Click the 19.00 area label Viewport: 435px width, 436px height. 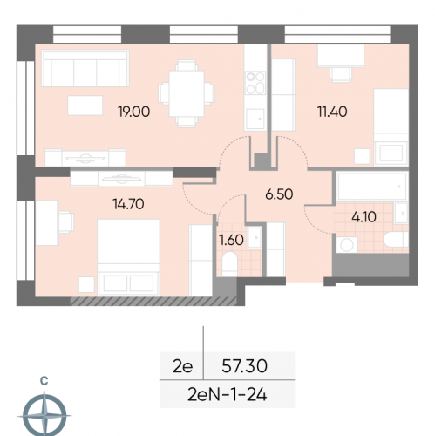[134, 112]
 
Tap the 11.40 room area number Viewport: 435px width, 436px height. [332, 112]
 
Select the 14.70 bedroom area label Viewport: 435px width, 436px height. [128, 204]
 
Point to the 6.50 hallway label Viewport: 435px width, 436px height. [279, 194]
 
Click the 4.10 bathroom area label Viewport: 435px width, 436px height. [364, 217]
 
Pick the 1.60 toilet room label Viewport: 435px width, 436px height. [231, 240]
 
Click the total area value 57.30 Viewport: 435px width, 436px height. [244, 366]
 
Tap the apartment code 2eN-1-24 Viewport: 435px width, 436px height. [228, 395]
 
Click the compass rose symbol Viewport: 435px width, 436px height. [44, 415]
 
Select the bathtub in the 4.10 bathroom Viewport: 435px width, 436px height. [372, 187]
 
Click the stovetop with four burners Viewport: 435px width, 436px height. [255, 83]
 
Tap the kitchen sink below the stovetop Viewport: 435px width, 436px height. [255, 119]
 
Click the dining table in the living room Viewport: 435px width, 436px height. [187, 93]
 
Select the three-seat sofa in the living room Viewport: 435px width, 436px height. [85, 68]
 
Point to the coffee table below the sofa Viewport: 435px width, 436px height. [85, 106]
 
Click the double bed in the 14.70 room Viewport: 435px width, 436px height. [128, 257]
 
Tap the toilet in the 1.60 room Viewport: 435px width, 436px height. [229, 264]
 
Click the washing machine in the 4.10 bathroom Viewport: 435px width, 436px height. [347, 245]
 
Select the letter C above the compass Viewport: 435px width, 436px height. [44, 380]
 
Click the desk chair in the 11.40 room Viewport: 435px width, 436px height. [341, 74]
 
